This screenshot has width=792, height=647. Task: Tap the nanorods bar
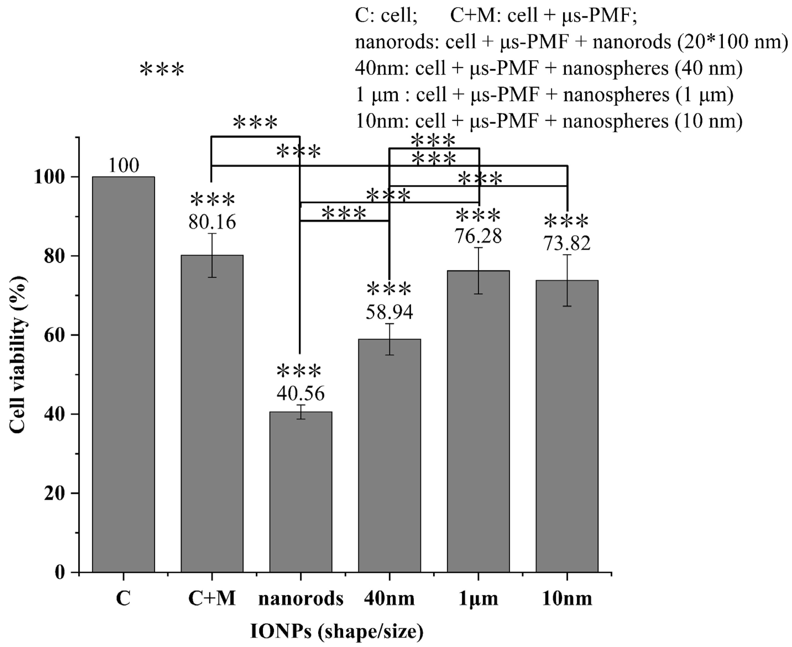tap(300, 492)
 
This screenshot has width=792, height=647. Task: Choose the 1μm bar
tap(478, 421)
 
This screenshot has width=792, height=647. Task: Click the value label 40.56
tap(300, 394)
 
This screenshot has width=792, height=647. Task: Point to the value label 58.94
tap(389, 312)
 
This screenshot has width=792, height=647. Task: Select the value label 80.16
tap(212, 222)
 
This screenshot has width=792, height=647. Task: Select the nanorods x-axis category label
tap(300, 599)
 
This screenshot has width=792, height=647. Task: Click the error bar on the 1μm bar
tap(478, 271)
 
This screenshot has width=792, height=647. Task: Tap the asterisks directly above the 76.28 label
tap(478, 215)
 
